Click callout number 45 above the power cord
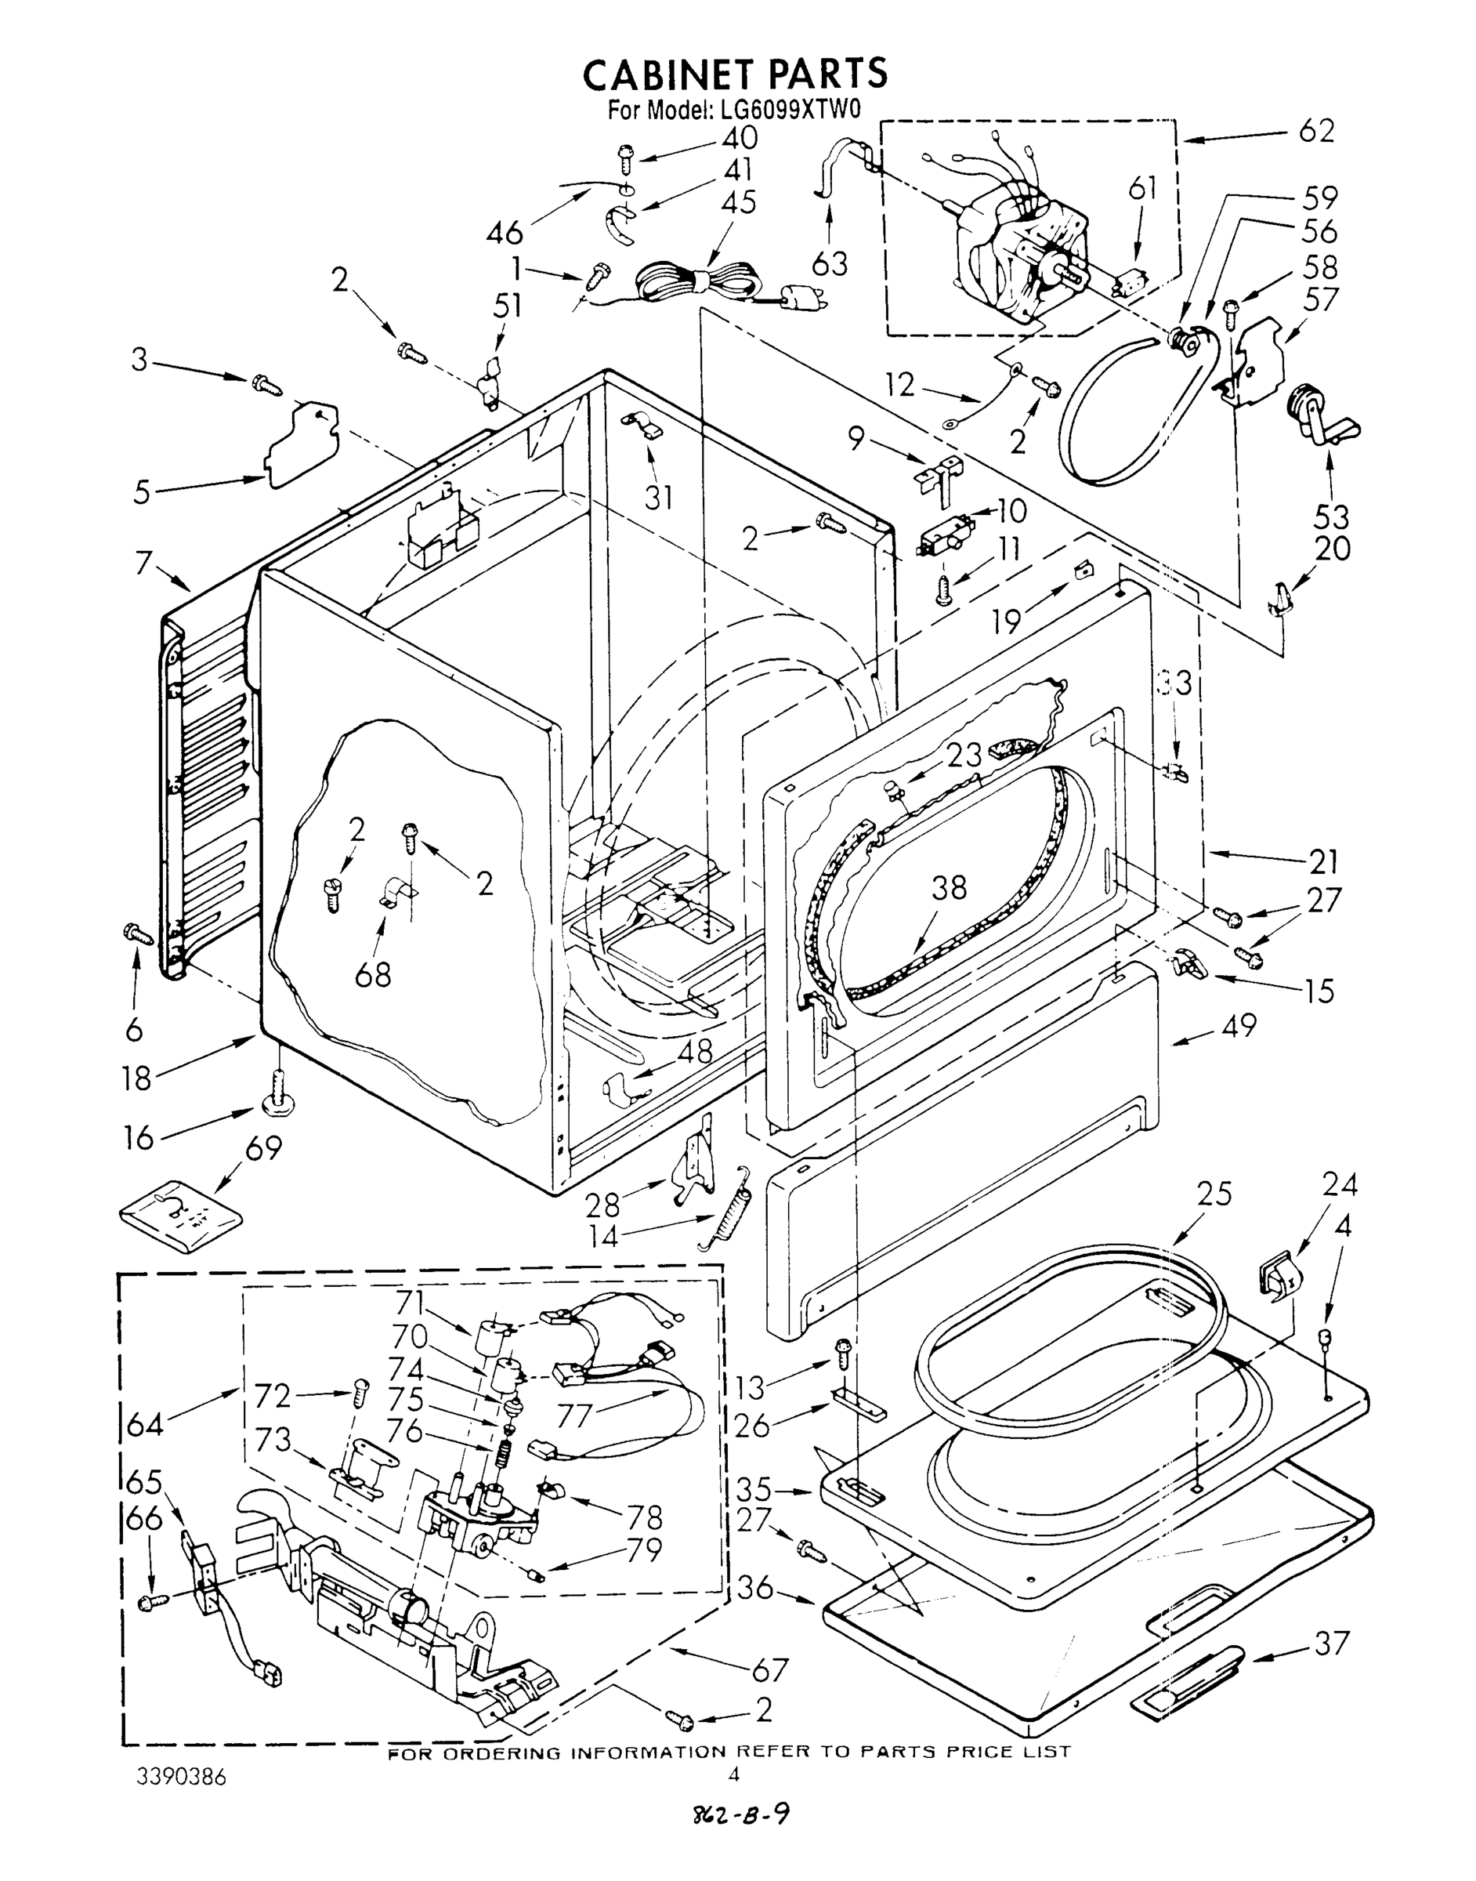tap(737, 202)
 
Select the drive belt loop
tap(1132, 415)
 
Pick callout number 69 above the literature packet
tap(262, 1149)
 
